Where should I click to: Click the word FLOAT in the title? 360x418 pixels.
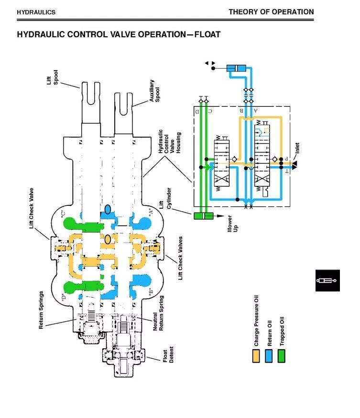(207, 34)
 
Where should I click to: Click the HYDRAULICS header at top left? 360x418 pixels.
(36, 12)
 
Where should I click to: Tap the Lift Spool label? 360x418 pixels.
(52, 77)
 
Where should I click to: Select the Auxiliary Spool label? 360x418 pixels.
(154, 91)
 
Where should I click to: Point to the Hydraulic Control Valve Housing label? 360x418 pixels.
(169, 141)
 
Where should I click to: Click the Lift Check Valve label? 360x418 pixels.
(31, 208)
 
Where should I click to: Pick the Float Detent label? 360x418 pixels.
(168, 354)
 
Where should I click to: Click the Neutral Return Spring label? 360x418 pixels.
(158, 313)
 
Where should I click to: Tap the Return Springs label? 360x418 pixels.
(41, 310)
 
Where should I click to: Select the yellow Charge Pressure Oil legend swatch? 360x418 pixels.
(256, 356)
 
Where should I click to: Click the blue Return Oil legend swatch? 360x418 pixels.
(269, 356)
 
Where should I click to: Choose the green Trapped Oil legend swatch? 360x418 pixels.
(281, 356)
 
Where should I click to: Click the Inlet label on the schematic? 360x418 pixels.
(297, 148)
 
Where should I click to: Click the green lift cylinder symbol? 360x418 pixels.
(204, 215)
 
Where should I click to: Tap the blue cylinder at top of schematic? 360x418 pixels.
(236, 68)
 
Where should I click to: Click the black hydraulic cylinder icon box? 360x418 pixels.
(327, 280)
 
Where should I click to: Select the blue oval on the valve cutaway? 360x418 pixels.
(108, 209)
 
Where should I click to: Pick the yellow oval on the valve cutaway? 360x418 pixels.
(108, 239)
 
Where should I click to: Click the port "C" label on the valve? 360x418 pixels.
(63, 214)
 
